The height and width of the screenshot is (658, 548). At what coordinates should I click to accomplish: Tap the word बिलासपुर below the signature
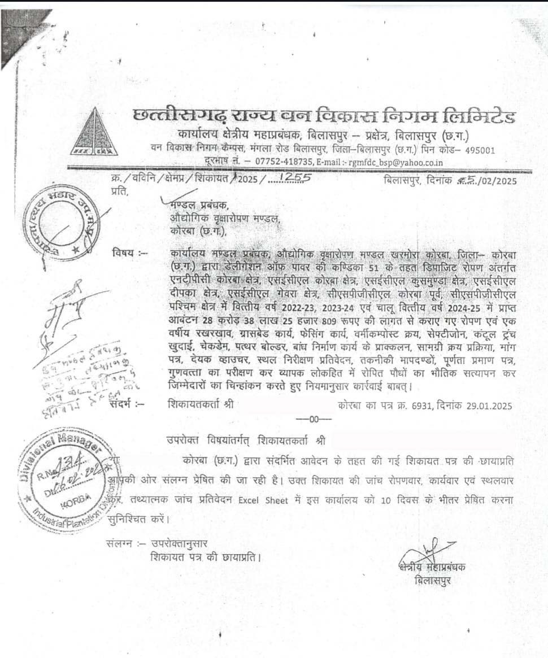pos(433,580)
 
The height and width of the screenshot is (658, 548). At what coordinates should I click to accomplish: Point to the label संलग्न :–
pos(125,543)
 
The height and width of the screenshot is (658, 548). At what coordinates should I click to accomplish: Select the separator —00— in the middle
pos(314,419)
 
